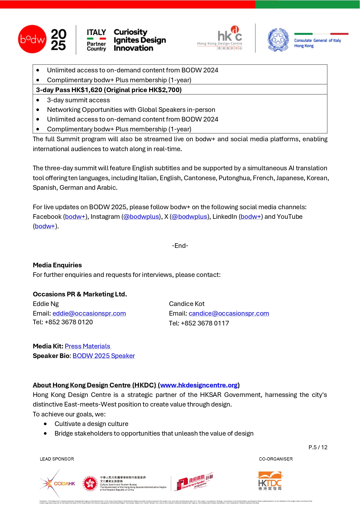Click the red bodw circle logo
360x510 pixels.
tap(32, 39)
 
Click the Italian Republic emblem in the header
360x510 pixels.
tap(278, 40)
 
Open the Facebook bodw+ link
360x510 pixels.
tap(75, 216)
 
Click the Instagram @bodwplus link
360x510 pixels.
tap(141, 216)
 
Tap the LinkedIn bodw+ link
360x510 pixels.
tap(251, 216)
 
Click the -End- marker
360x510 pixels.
tap(180, 246)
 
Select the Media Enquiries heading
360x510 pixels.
tap(57, 265)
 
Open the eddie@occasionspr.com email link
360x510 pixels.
tap(89, 313)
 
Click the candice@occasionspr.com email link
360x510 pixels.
tap(229, 313)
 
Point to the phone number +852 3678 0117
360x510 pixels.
tap(205, 323)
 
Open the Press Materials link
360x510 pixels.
tap(87, 346)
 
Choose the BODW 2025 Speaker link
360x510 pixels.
tap(104, 356)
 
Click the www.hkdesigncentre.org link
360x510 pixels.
tap(199, 385)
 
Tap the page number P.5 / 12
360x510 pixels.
tap(318, 447)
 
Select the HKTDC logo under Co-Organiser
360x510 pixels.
tap(270, 481)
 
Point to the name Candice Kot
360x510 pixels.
tap(187, 304)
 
